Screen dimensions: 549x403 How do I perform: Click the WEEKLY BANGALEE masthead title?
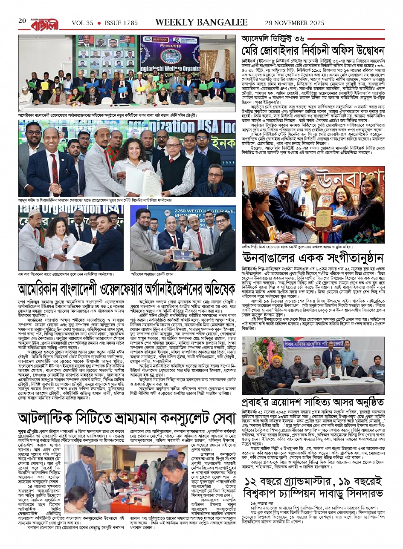pyautogui.click(x=201, y=22)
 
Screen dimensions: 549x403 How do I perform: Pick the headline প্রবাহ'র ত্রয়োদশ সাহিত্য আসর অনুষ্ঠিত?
pyautogui.click(x=313, y=402)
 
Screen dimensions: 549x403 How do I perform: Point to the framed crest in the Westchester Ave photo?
pyautogui.click(x=182, y=255)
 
